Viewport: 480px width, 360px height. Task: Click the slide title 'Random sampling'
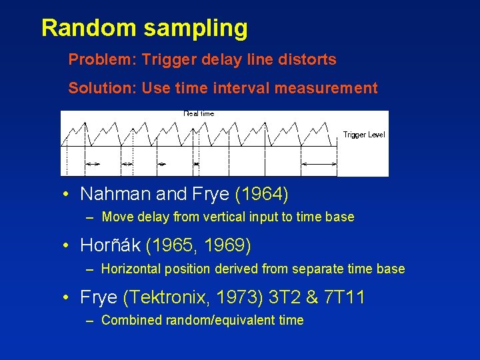click(144, 28)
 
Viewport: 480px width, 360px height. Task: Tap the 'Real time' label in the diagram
click(199, 113)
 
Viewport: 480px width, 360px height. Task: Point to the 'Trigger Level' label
click(364, 135)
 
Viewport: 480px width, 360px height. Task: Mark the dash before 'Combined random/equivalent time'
click(90, 321)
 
